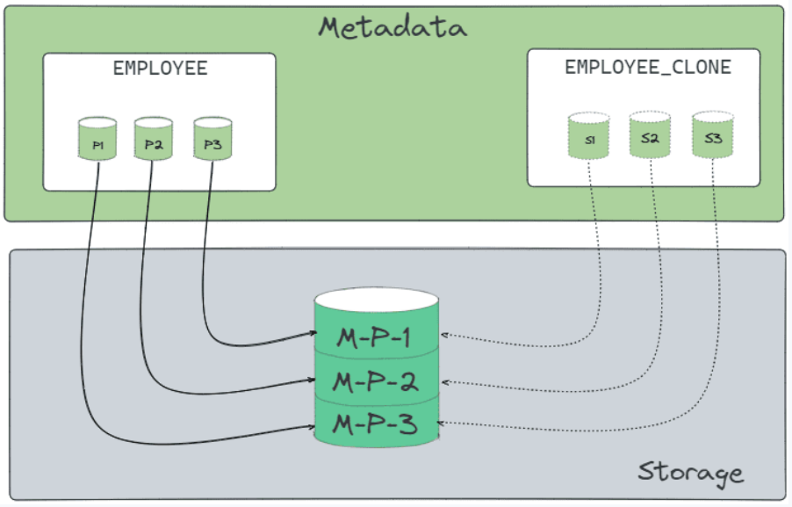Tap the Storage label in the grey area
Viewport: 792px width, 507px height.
(690, 472)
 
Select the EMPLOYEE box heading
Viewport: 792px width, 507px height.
(160, 69)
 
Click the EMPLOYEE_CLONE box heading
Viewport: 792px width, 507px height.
(647, 68)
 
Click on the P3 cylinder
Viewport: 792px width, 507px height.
(212, 140)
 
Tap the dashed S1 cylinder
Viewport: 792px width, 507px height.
(587, 136)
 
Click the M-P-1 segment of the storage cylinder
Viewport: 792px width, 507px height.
(376, 337)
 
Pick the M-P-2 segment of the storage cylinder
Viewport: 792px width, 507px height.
(376, 381)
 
